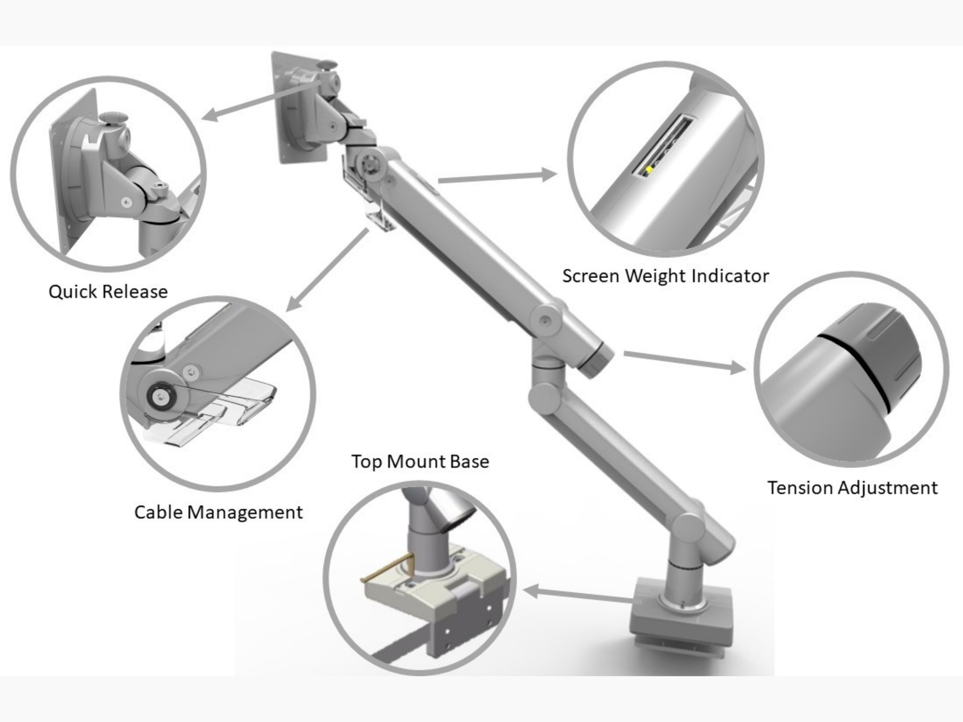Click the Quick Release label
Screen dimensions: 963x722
(x=108, y=291)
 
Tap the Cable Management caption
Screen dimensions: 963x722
(x=218, y=512)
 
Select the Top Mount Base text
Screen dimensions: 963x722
(x=421, y=461)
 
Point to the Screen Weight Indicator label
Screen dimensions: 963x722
(x=666, y=276)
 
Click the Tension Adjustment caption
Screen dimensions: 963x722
(x=853, y=488)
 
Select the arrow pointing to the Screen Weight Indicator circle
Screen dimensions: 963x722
(x=498, y=176)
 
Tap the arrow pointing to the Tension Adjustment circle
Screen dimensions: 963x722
(x=684, y=361)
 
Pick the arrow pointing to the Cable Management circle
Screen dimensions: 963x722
(x=327, y=270)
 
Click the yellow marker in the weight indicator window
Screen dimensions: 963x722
(x=649, y=169)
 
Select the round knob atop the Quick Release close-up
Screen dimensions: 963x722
(x=113, y=117)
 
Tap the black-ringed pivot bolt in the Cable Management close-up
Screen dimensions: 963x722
(x=161, y=397)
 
